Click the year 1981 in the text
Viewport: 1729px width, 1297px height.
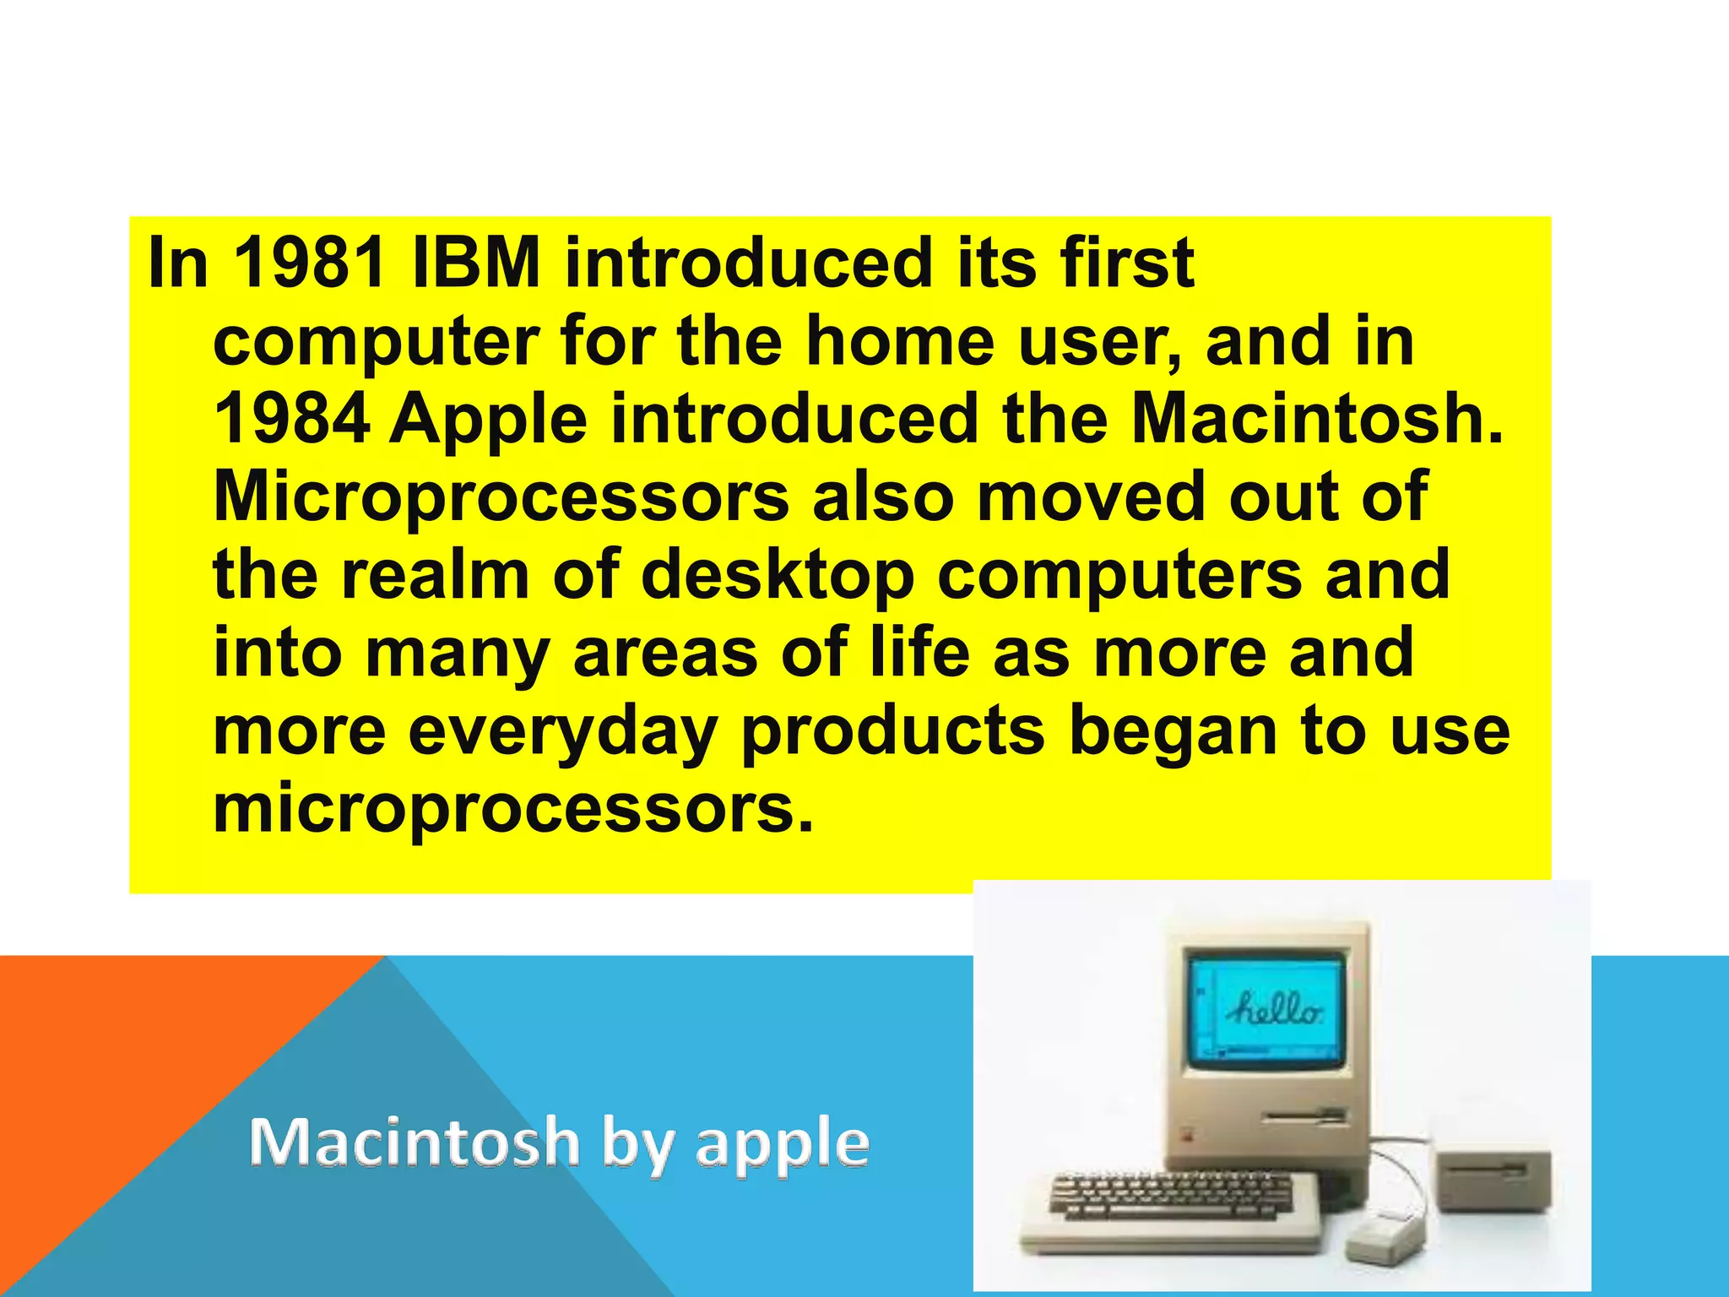click(310, 263)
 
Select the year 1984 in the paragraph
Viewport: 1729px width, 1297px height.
click(291, 420)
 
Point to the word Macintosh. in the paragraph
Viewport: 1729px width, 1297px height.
click(1317, 420)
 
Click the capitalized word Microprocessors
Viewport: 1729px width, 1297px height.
click(501, 498)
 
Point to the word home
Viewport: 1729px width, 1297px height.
click(900, 342)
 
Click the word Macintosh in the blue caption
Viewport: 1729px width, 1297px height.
click(415, 1142)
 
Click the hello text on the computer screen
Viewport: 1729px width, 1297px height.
click(1275, 1009)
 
